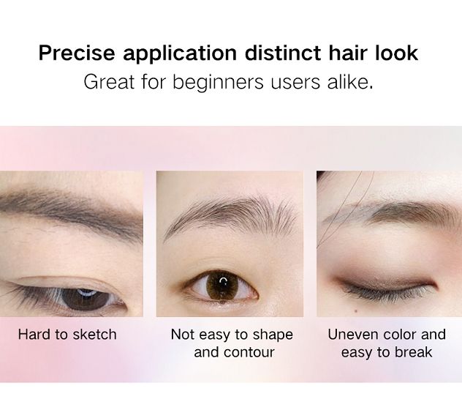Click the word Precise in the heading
[x=77, y=53]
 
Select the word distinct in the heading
[x=283, y=53]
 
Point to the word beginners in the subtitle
[x=218, y=83]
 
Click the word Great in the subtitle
[x=109, y=81]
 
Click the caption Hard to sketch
[x=67, y=335]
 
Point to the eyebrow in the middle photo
[x=230, y=215]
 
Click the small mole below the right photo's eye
[x=356, y=310]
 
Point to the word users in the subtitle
[x=295, y=83]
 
